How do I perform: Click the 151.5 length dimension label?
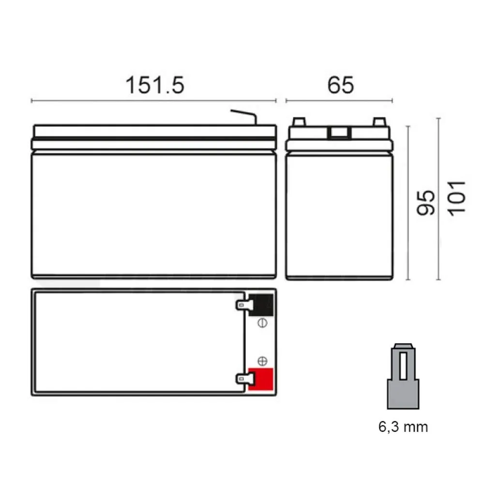click(x=155, y=85)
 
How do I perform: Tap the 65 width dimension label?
click(x=341, y=85)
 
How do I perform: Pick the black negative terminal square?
click(x=260, y=304)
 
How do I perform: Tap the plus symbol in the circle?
click(x=263, y=361)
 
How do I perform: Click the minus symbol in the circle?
click(x=263, y=323)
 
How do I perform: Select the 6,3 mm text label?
click(x=403, y=427)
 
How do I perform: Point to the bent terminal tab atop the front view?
click(x=244, y=116)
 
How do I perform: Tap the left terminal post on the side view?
click(x=299, y=122)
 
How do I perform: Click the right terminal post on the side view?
click(x=379, y=122)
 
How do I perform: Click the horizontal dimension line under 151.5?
click(x=153, y=101)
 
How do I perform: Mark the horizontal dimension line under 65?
click(x=339, y=101)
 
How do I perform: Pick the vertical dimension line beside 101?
click(x=439, y=198)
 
